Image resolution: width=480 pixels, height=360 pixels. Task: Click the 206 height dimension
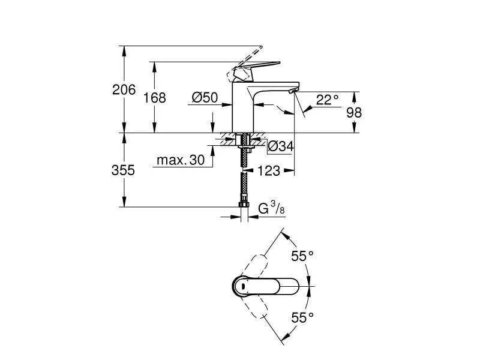pos(124,90)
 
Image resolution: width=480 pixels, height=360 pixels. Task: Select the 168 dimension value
pos(155,97)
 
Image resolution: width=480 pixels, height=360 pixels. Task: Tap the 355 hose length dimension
pos(124,170)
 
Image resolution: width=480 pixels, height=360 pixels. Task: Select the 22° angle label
pos(327,100)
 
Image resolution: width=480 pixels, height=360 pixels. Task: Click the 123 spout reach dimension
pos(270,171)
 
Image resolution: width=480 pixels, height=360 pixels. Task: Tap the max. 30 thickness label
pos(180,160)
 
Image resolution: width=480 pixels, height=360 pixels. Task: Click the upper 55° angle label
pos(302,256)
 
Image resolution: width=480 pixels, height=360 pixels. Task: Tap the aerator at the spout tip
pos(292,91)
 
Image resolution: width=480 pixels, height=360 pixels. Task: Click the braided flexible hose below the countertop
pos(244,180)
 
